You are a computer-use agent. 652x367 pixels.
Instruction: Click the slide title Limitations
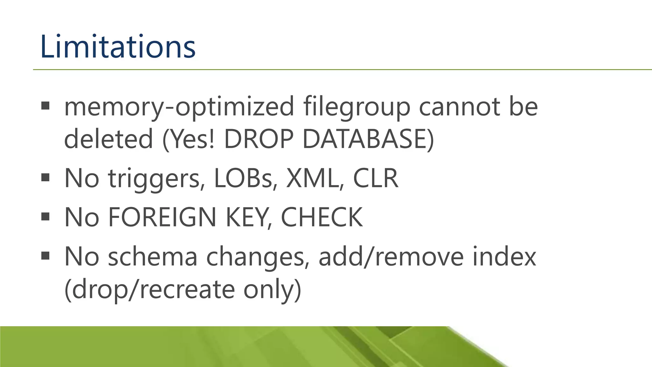tap(118, 47)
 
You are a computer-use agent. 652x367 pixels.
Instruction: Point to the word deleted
tap(109, 139)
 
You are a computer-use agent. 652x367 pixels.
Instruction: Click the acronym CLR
tap(376, 178)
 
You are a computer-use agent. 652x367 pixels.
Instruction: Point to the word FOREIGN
tap(163, 217)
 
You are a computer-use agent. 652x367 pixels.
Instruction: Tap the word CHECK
tap(322, 217)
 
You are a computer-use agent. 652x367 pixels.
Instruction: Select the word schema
tap(152, 257)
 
